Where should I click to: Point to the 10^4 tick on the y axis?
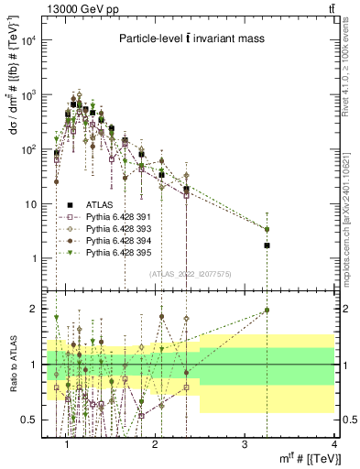click(28, 40)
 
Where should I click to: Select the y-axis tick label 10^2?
click(28, 149)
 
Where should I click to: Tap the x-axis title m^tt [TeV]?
click(304, 457)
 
